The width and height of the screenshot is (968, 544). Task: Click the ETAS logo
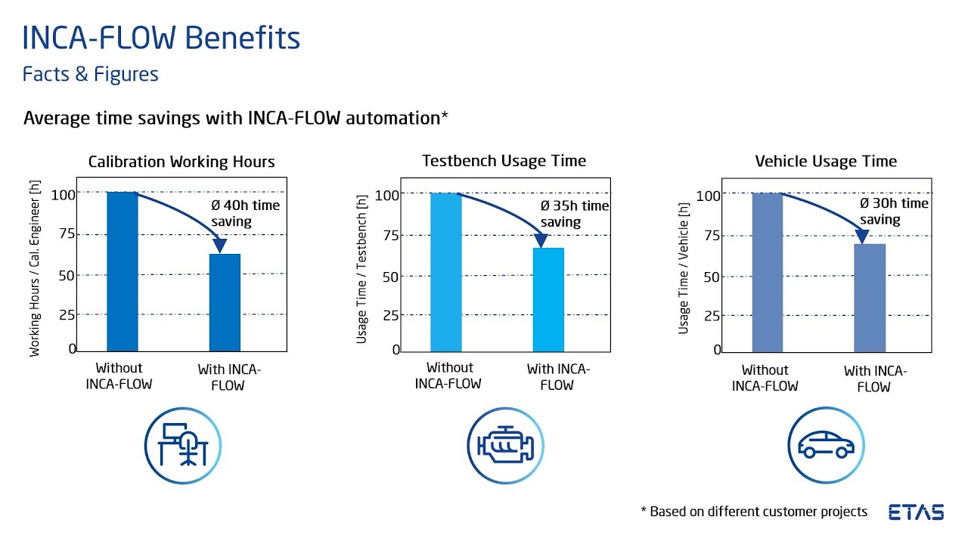916,512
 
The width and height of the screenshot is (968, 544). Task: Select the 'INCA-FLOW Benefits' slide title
161,38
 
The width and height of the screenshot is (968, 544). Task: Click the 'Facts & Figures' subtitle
90,75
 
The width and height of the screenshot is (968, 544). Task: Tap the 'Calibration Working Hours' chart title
181,162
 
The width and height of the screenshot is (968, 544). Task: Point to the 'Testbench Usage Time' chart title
504,160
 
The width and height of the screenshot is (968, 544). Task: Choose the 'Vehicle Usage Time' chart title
826,162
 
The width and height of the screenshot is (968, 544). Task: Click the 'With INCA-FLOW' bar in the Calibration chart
225,302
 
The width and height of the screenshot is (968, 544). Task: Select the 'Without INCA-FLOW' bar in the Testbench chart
445,272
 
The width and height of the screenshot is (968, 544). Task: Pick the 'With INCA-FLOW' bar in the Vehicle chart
870,298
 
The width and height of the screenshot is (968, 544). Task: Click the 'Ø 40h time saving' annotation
245,213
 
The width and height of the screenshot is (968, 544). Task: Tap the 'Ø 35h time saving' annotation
574,214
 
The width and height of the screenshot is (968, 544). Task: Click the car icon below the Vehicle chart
826,445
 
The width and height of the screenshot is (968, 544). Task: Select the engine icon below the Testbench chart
504,445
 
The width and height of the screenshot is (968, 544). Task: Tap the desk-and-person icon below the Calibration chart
182,445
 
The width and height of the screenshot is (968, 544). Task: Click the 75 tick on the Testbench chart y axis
389,235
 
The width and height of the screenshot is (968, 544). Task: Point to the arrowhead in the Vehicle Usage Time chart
861,236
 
